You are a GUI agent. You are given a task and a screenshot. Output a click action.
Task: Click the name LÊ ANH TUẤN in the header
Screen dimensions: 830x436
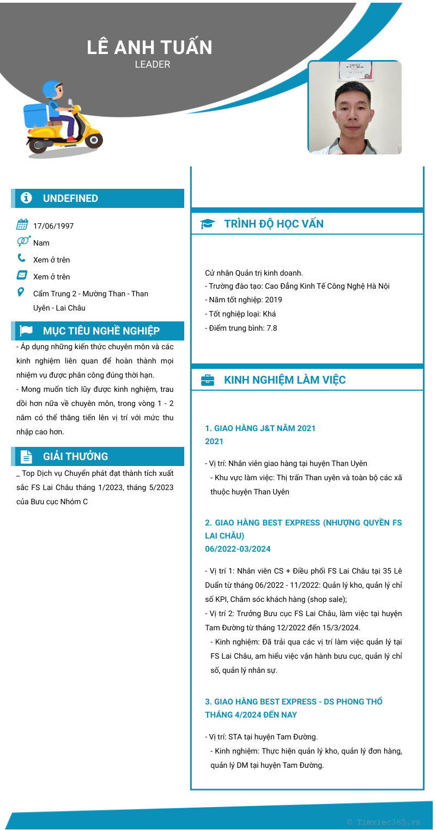pos(149,47)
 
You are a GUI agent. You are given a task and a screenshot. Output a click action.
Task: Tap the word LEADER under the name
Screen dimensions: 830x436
pos(153,64)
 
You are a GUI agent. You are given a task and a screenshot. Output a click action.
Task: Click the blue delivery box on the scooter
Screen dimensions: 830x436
pos(37,116)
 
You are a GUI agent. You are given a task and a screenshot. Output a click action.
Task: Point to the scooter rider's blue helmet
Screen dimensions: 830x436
pos(52,88)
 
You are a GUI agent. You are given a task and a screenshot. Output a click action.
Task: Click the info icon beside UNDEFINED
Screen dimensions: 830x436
pos(26,198)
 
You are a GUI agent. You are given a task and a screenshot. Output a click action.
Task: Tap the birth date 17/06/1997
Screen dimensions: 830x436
pos(53,226)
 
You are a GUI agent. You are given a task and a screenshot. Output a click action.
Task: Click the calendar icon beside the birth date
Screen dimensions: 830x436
pos(22,224)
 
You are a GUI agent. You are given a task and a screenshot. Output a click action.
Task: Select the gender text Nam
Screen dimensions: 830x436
pos(41,243)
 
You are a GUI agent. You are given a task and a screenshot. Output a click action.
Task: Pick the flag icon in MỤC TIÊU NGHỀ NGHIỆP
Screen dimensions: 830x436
pos(26,331)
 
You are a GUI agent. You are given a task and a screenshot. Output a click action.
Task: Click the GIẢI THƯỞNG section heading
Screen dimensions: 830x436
pos(75,456)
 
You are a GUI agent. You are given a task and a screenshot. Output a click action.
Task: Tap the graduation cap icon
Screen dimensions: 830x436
pos(208,224)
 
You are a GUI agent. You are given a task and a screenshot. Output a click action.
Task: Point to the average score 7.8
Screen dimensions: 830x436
pos(271,328)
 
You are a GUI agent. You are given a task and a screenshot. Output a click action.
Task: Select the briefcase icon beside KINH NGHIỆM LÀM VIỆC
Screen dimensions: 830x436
pos(208,380)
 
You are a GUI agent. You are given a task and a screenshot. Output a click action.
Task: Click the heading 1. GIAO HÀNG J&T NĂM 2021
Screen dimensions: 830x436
pos(260,428)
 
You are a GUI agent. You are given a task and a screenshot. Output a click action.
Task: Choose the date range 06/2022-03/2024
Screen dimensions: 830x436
pos(238,549)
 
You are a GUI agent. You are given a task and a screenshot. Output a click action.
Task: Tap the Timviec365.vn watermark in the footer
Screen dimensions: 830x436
pos(384,822)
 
